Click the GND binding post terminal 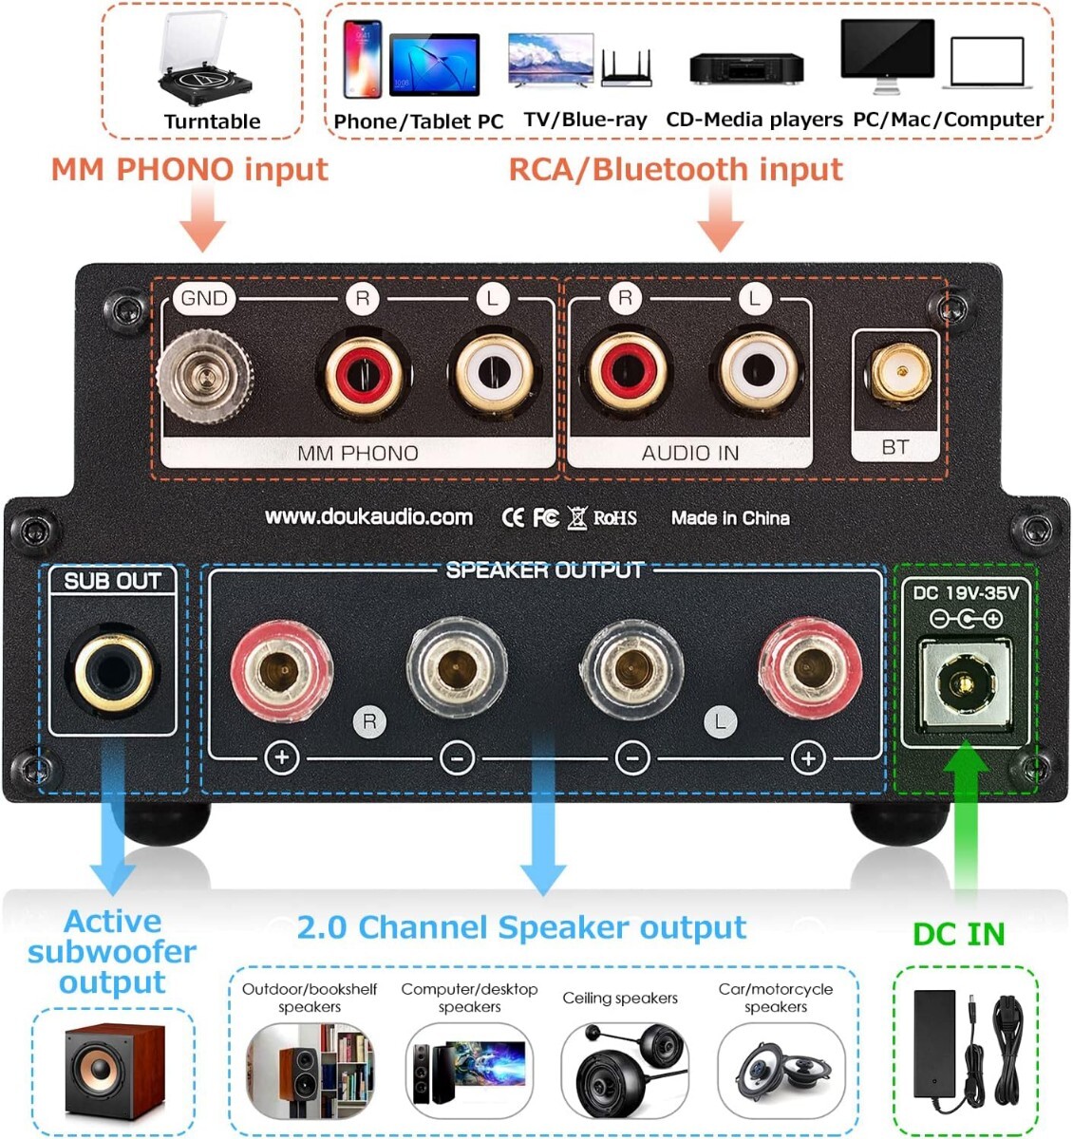(204, 375)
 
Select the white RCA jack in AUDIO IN (756, 370)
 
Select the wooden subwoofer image (114, 1072)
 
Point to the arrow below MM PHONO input (202, 218)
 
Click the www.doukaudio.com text (368, 517)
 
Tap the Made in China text (730, 518)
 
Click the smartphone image (362, 60)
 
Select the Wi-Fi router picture (627, 68)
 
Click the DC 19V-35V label (966, 593)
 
